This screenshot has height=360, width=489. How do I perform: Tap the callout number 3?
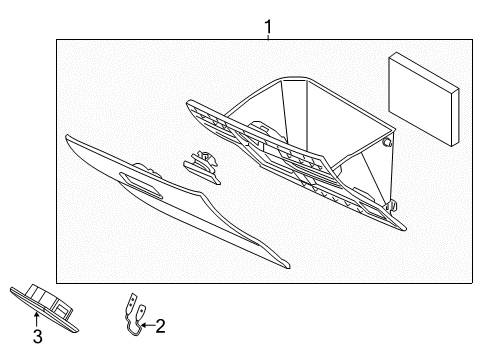(37, 338)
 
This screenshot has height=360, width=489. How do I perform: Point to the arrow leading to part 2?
(146, 323)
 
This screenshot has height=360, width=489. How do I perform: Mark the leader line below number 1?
(267, 35)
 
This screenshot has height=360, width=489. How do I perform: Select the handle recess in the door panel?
(141, 183)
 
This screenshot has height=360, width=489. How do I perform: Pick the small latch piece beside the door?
(201, 162)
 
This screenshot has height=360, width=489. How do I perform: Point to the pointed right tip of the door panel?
(287, 267)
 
